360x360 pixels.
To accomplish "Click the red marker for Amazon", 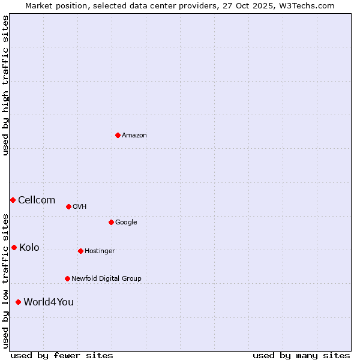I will tap(118, 135).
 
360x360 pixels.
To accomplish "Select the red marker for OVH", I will tap(68, 206).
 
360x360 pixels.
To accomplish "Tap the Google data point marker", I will tap(111, 222).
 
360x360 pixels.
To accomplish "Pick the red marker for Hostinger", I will tap(80, 251).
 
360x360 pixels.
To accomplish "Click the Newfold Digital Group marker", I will tap(67, 278).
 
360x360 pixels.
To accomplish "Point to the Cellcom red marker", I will tap(13, 200).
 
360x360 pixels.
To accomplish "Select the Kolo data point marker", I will tap(14, 247).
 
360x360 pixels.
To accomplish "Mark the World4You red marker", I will tap(18, 302).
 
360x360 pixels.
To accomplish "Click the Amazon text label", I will tap(134, 136).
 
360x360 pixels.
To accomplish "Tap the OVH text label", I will tap(80, 207).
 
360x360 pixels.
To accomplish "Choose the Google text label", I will tap(126, 223).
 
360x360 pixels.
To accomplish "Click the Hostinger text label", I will tap(100, 251).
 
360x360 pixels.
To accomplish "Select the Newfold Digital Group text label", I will tap(106, 279).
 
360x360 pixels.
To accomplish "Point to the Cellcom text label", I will tap(37, 200).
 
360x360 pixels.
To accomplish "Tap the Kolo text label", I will tap(29, 248).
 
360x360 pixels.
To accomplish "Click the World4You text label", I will tap(49, 302).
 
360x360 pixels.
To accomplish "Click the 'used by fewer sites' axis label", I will tap(62, 355).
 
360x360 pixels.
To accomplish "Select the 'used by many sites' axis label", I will tap(301, 355).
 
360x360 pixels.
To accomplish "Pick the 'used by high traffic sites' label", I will tap(5, 85).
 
